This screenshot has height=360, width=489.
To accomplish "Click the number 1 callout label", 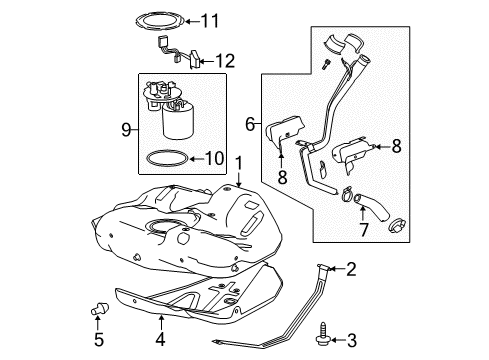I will (238, 162).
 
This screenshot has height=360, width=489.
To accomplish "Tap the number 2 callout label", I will (352, 268).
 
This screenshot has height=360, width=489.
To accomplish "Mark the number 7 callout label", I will (364, 229).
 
